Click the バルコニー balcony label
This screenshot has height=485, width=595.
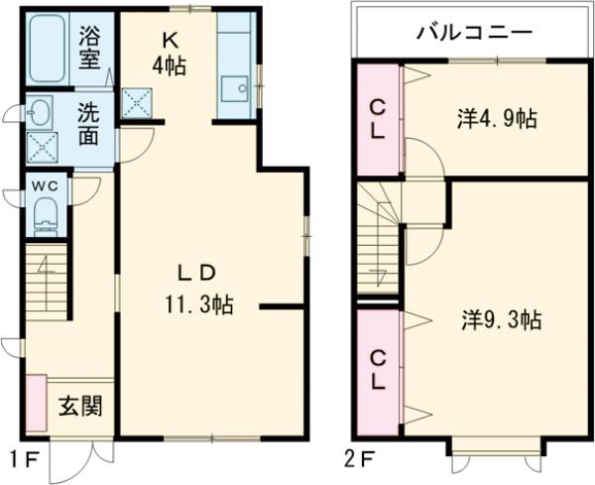coord(474,33)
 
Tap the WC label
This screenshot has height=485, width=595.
coord(45,186)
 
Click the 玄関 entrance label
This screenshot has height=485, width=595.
coord(78,408)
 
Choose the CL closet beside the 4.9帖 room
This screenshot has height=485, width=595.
coord(378,118)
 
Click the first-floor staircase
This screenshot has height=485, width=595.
coord(45,282)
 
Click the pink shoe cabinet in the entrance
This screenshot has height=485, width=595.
coord(36,404)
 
